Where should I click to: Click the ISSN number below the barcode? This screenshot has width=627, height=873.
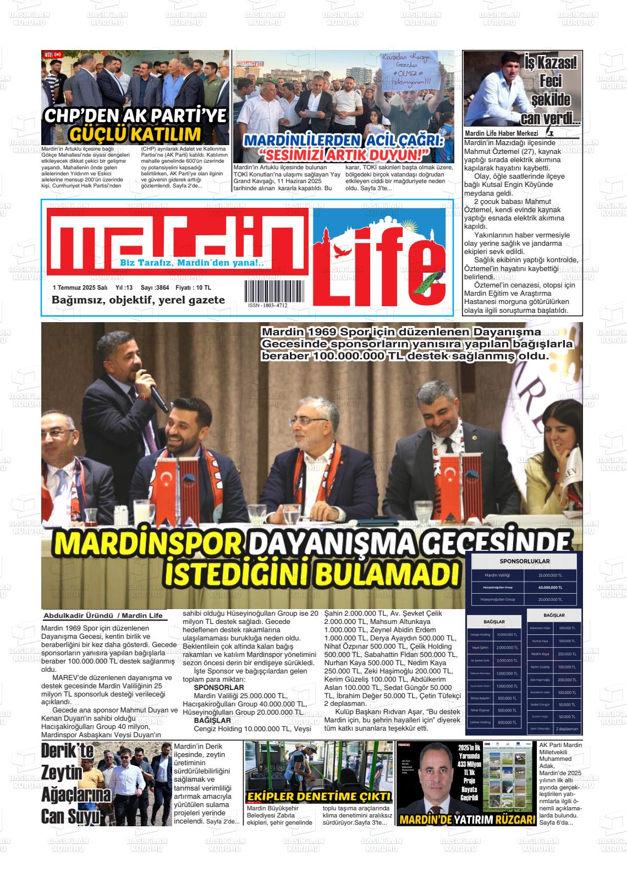click(x=267, y=305)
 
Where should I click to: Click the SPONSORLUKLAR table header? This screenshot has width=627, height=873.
click(x=524, y=561)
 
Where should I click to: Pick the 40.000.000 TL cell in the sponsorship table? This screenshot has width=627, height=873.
click(x=551, y=587)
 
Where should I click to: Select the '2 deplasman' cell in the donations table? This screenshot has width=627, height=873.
click(x=566, y=729)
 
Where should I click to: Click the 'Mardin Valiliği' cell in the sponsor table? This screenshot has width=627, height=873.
click(x=497, y=575)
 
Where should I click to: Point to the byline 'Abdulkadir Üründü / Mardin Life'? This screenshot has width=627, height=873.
click(x=103, y=615)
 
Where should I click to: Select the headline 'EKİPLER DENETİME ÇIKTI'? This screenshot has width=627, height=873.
click(x=319, y=797)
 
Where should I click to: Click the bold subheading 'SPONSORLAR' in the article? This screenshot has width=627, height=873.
click(x=219, y=687)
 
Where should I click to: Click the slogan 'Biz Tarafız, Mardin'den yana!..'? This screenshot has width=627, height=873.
click(x=191, y=263)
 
